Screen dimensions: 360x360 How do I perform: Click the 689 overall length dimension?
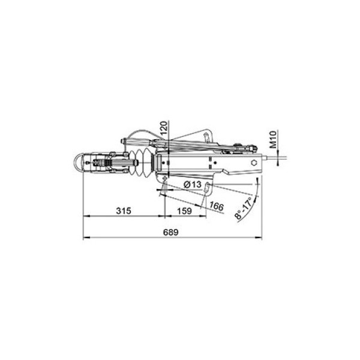170,232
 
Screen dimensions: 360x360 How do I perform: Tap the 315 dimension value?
124,211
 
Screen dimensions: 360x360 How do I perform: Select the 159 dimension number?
184,211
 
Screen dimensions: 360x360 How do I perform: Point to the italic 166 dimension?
217,206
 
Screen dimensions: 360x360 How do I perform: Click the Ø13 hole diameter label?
193,184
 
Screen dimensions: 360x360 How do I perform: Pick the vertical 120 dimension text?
164,128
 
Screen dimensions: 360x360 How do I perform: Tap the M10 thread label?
273,139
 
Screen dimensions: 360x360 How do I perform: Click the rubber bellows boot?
141,163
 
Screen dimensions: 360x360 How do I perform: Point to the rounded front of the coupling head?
77,162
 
